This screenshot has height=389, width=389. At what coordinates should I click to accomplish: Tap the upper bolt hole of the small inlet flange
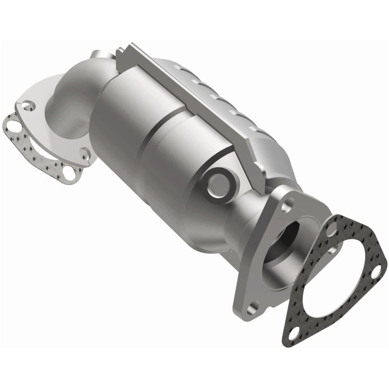coord(30,104)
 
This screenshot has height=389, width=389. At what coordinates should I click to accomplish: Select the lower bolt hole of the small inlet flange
coord(86,154)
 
